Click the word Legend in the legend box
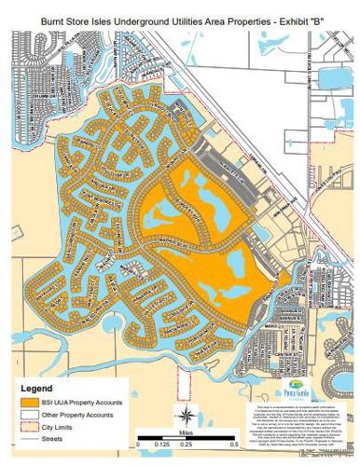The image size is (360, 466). tap(35, 388)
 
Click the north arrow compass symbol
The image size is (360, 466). tap(186, 415)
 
